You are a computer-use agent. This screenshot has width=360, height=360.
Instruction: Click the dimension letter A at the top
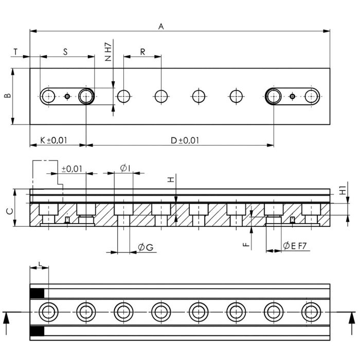pos(161,26)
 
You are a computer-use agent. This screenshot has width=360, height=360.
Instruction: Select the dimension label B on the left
pos(8,95)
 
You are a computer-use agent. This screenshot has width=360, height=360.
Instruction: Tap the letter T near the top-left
pos(15,52)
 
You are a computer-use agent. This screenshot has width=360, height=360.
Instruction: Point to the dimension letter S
pos(65,52)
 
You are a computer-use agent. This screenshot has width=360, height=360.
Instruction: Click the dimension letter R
pos(142,52)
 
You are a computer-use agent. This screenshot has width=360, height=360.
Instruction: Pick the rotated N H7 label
pos(108,52)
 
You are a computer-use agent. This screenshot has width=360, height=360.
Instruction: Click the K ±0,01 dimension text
pos(53,140)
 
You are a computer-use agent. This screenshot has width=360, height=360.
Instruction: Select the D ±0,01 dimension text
pos(185,140)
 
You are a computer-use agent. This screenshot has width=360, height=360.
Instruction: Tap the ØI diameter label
pos(125,168)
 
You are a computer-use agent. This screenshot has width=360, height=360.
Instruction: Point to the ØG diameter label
pos(146,247)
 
